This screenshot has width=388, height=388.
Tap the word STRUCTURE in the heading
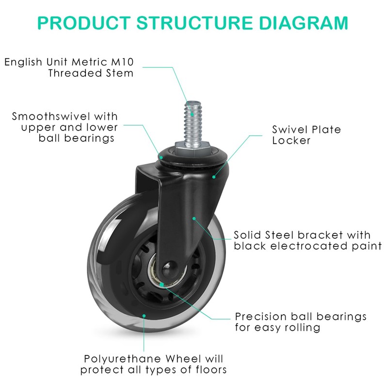195,23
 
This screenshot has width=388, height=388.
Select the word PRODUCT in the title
84,23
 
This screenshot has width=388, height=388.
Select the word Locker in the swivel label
291,141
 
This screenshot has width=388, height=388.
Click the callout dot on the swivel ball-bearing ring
161,157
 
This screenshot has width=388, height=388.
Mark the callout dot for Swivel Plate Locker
214,177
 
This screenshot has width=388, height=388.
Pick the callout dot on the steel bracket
194,219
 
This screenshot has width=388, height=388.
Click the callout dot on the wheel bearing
162,285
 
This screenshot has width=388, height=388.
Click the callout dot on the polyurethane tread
144,316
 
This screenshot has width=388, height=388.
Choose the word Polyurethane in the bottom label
123,359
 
